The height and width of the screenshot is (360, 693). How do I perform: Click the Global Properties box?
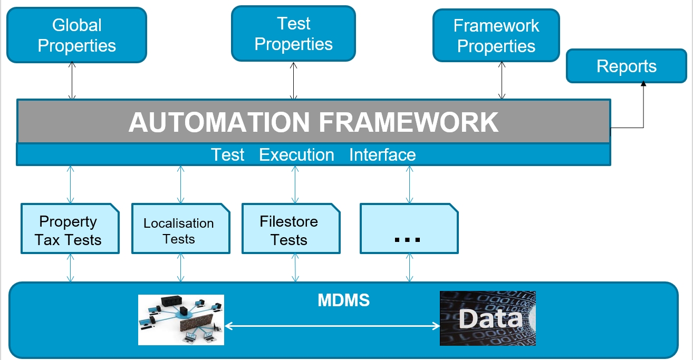tap(76, 35)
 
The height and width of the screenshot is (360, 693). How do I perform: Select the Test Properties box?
tap(293, 34)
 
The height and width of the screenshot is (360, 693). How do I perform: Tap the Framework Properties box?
tap(496, 36)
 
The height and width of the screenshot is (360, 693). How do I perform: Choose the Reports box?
tap(626, 66)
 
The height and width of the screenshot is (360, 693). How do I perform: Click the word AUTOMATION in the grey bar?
tap(218, 122)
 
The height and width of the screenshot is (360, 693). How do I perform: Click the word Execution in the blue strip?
tap(296, 155)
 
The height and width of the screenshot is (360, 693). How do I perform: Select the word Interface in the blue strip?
tap(382, 155)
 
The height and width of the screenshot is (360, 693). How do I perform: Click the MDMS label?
tap(344, 300)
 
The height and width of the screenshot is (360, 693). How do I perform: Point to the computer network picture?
tap(181, 320)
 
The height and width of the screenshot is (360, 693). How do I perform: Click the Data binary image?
tap(487, 318)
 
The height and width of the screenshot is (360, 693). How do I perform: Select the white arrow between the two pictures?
tap(332, 326)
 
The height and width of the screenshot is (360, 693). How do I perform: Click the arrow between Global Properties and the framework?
tap(73, 81)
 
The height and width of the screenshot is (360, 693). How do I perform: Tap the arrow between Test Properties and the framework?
tap(293, 80)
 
